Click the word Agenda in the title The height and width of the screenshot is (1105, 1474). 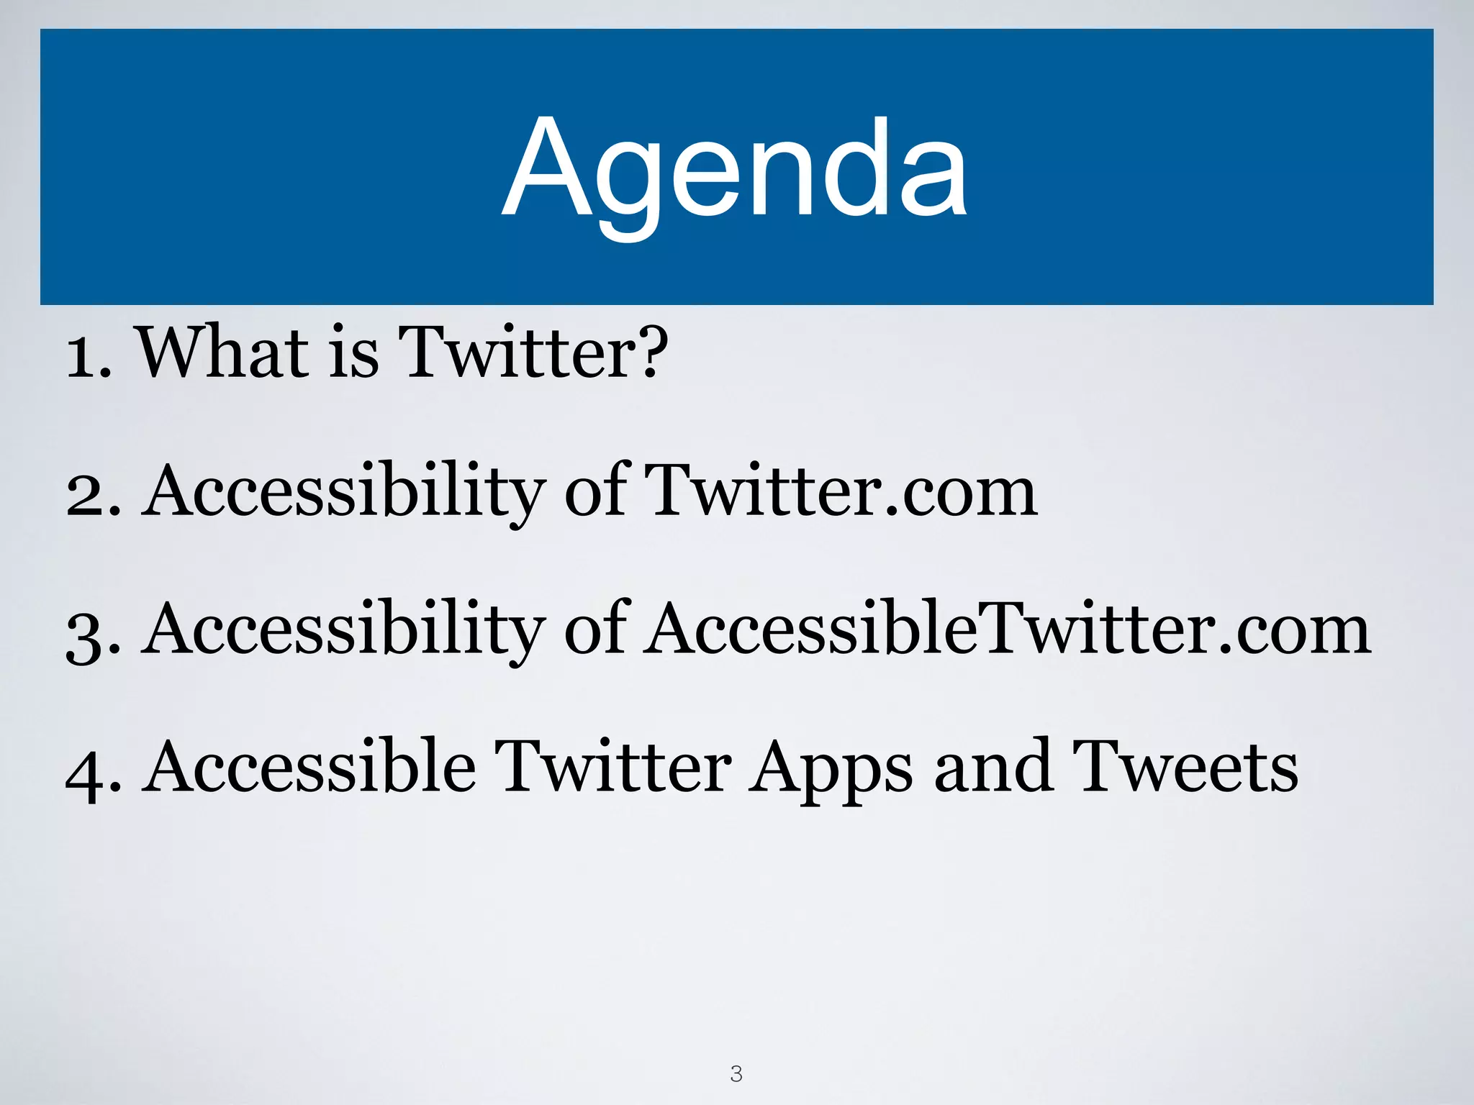[x=735, y=169]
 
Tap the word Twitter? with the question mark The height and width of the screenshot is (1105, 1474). [x=533, y=353]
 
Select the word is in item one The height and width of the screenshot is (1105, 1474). [x=353, y=353]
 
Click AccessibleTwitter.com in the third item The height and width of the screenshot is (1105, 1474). [x=1006, y=629]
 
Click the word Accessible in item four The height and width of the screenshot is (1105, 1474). [x=309, y=767]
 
